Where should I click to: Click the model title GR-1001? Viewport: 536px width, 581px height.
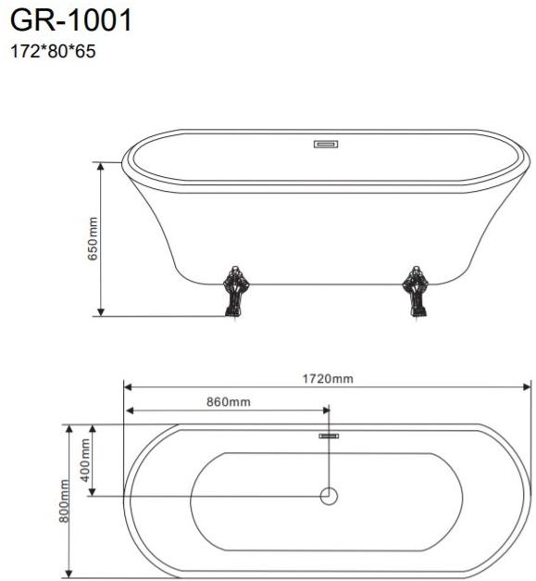(x=70, y=20)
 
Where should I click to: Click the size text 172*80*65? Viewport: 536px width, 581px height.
(x=53, y=51)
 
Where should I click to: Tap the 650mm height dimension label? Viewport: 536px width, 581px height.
(x=93, y=239)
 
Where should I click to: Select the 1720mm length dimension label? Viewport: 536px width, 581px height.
(x=328, y=379)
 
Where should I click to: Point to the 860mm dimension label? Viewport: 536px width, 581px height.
(x=229, y=401)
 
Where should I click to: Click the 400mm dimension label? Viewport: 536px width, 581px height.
(x=85, y=460)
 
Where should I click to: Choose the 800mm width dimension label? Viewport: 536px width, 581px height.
(x=64, y=501)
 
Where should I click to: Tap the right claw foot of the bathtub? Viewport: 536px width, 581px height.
(x=416, y=292)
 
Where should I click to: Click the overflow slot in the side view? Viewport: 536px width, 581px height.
(x=326, y=145)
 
